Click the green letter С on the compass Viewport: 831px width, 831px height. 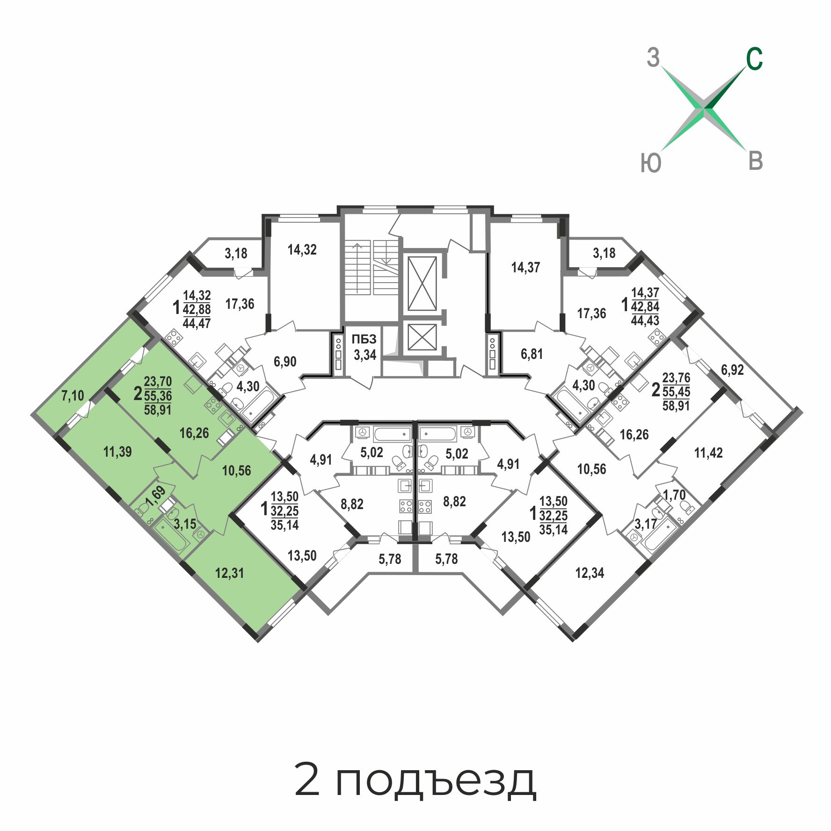point(754,59)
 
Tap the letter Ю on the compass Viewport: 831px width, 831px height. point(651,163)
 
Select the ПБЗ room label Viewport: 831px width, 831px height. point(364,339)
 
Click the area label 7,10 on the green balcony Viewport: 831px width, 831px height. point(73,396)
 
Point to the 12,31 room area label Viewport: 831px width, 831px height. point(229,573)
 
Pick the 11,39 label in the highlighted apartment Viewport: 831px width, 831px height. point(117,452)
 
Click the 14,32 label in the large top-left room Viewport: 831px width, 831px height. point(302,249)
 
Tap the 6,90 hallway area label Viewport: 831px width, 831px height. point(285,361)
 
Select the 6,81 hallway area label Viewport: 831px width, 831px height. point(532,354)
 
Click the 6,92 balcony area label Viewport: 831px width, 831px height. point(732,370)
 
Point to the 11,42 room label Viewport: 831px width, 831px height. point(708,452)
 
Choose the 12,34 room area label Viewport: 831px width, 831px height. point(590,573)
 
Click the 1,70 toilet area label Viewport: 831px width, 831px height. point(674,495)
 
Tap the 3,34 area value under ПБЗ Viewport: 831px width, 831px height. point(365,355)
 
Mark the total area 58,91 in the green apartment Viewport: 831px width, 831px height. point(158,410)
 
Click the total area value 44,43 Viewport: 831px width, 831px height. point(645,321)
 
